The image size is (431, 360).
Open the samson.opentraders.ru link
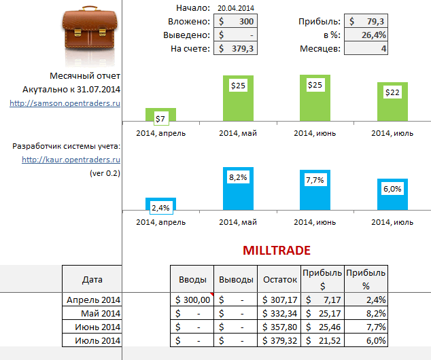(65, 103)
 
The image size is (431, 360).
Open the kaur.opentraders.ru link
(71, 160)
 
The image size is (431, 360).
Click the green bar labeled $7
(160, 115)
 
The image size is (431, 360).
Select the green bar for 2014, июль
(392, 103)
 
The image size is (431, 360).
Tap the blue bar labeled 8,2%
(238, 189)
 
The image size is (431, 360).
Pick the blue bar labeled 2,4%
(160, 204)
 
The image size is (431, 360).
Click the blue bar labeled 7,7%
(315, 190)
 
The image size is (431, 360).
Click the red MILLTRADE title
(277, 251)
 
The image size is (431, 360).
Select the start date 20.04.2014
(235, 7)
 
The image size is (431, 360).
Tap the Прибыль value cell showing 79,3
(366, 21)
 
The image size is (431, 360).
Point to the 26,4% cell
(366, 35)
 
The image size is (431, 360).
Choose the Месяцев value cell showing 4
(366, 48)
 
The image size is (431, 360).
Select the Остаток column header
(279, 279)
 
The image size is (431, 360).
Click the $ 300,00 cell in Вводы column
(192, 300)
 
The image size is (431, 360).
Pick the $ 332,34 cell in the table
(279, 313)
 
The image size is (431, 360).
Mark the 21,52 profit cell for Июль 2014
(322, 340)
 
